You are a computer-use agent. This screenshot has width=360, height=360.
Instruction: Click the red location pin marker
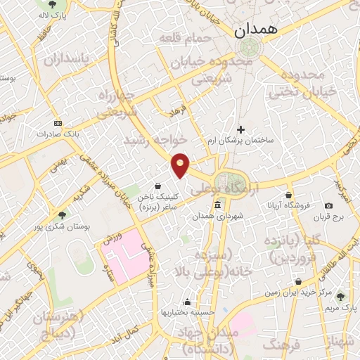click(x=181, y=165)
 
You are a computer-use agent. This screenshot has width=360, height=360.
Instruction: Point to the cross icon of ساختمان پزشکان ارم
click(x=240, y=129)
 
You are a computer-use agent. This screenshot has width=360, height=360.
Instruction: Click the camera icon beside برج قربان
click(x=328, y=206)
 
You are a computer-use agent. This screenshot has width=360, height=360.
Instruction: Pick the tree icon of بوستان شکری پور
click(x=62, y=215)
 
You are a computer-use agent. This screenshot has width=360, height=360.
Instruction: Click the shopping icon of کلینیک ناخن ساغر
click(x=166, y=186)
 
